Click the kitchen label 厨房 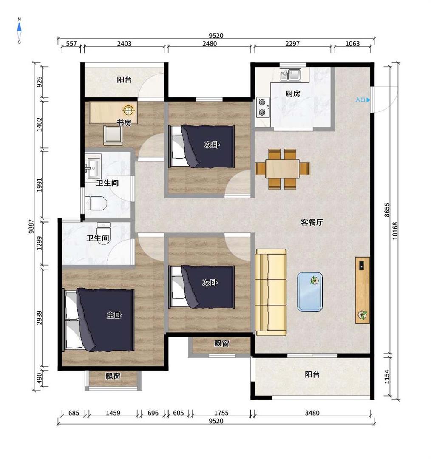point(293,93)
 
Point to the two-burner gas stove point(263,107)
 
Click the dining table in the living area point(283,169)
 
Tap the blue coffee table point(310,292)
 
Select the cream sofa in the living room point(271,292)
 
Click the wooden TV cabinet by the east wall point(363,290)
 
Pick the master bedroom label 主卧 point(114,315)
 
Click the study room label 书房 point(124,123)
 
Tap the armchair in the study point(113,135)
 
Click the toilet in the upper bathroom point(96,203)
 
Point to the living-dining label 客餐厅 point(312,222)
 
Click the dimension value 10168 point(395,231)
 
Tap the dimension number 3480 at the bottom point(312,413)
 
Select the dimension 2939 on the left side point(39,317)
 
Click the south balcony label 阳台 point(312,374)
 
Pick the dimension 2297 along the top point(292,44)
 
